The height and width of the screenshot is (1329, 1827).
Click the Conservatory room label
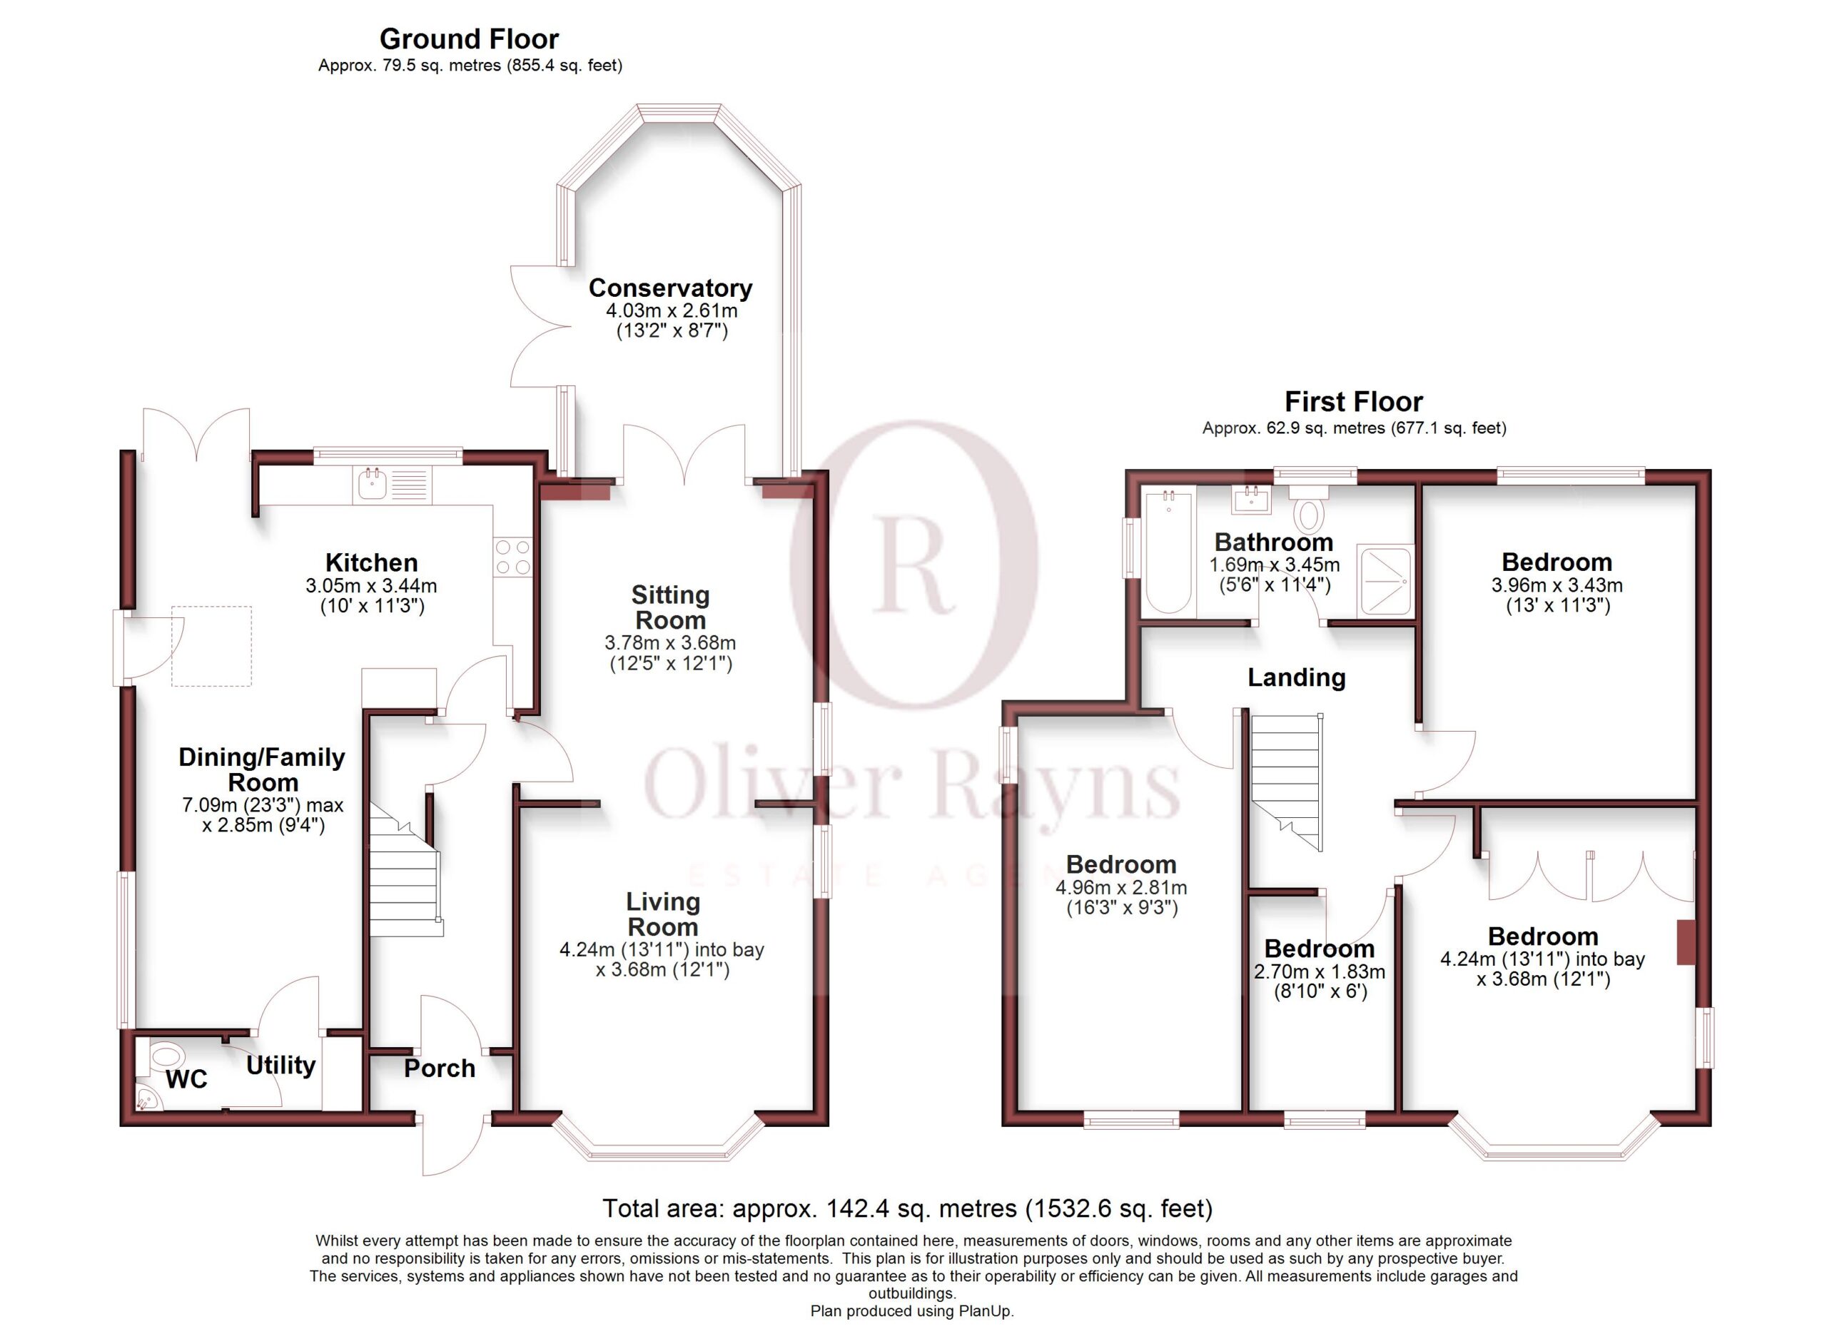[670, 288]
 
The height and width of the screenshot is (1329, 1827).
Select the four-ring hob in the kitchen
[513, 557]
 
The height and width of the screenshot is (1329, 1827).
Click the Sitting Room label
[670, 607]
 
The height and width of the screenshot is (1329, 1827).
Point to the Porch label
[439, 1068]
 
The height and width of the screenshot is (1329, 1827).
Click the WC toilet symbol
[166, 1056]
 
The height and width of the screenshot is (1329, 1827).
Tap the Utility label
[280, 1066]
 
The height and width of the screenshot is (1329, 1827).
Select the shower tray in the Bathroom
[1385, 580]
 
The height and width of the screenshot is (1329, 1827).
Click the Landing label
[1296, 677]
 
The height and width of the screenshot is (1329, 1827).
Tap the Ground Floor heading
[469, 39]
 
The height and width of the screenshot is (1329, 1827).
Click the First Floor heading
[1353, 401]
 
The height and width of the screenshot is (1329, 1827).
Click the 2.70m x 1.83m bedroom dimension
[1320, 971]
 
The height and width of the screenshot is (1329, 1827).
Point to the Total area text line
[907, 1208]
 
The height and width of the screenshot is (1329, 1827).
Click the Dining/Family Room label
[262, 769]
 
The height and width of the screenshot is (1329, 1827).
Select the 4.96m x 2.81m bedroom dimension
[1121, 888]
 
